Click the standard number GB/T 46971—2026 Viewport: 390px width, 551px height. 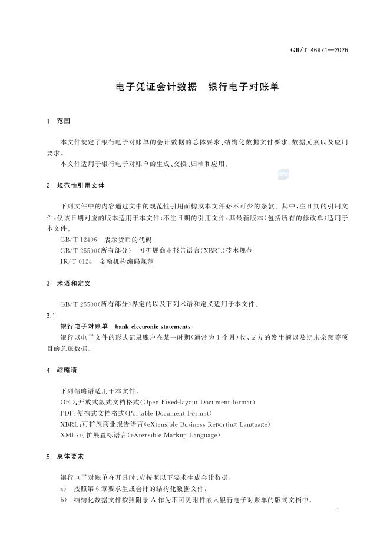coord(319,50)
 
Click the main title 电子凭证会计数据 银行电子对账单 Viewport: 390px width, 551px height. coord(196,87)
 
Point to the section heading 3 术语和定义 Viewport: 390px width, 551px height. coord(68,283)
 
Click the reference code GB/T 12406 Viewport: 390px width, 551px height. coord(78,240)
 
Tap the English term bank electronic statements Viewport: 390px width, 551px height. coord(153,326)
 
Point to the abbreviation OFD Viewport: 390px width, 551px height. coord(67,401)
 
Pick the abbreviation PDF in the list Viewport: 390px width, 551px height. coord(67,413)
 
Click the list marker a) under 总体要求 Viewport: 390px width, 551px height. coord(63,489)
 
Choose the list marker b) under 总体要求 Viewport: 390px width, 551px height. coord(63,499)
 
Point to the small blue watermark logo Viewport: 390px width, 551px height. coord(283,173)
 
